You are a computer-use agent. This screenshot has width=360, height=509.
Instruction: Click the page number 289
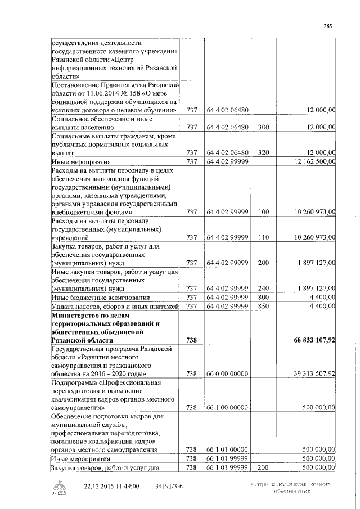(329, 25)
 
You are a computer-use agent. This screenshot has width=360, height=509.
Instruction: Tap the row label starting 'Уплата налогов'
(115, 306)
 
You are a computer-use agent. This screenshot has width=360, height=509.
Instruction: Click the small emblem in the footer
(59, 488)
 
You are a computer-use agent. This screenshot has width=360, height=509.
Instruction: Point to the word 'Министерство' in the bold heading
(75, 315)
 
